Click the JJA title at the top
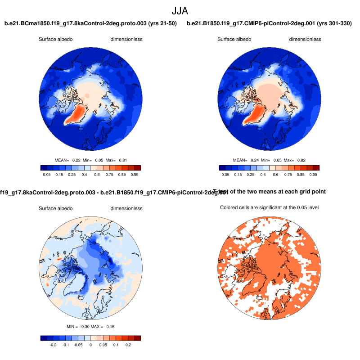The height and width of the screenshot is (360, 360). pos(180,10)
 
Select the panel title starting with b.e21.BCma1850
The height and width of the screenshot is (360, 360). pos(90,23)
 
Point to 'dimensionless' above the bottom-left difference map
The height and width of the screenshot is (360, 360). pos(126,208)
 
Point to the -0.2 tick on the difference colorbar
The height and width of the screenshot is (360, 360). pos(53,345)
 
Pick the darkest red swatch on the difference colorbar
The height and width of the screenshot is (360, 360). pos(138,338)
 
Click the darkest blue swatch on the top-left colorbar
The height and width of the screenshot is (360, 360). pos(43,168)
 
